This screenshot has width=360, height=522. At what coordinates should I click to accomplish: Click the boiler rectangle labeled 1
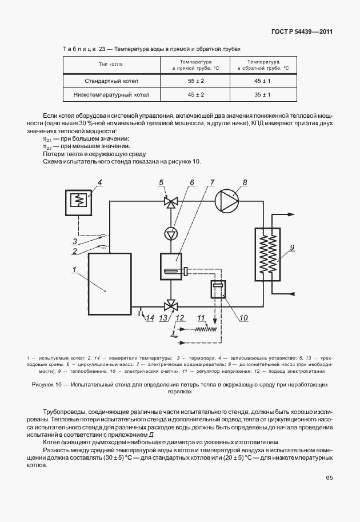tap(110, 284)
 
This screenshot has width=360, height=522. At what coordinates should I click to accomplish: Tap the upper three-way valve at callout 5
tap(170, 201)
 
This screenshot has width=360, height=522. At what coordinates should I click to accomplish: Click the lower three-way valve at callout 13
tap(170, 304)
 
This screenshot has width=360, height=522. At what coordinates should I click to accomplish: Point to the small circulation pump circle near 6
tap(170, 233)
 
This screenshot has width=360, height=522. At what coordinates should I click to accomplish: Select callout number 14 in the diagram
tap(150, 318)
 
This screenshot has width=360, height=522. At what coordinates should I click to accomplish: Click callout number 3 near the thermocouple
tap(75, 241)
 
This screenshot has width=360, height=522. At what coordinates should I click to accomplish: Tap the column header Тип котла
tap(111, 64)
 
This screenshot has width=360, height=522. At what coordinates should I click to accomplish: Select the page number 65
tap(329, 478)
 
